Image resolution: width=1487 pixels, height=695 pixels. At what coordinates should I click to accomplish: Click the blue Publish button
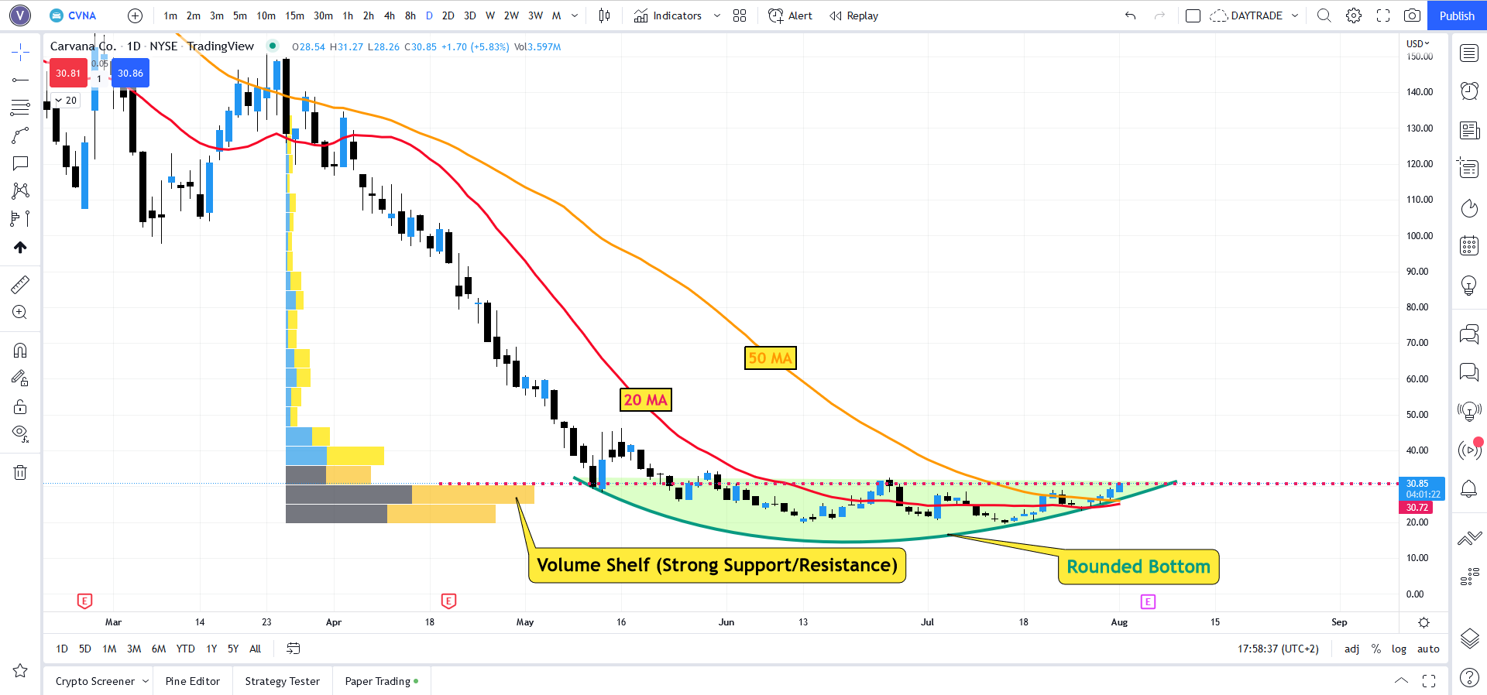1456,15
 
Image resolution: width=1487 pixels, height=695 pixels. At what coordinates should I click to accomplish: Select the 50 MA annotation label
770,358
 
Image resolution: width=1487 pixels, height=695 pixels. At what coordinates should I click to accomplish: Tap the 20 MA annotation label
645,399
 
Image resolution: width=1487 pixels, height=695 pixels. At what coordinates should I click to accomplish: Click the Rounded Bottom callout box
1138,567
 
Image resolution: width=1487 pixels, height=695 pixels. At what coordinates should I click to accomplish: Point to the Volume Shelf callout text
717,565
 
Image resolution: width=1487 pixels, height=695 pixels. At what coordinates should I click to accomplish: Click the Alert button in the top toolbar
790,15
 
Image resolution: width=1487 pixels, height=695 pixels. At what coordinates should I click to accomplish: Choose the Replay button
853,15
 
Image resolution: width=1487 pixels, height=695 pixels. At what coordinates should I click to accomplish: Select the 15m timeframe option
294,15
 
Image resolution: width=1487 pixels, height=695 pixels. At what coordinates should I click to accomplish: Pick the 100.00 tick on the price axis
1420,235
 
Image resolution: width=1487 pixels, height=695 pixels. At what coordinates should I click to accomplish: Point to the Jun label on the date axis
726,622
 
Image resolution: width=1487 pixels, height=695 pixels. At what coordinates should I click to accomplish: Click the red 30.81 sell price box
68,74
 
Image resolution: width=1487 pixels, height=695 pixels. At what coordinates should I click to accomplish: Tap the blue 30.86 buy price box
130,74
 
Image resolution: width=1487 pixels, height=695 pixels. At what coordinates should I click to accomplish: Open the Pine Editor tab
193,681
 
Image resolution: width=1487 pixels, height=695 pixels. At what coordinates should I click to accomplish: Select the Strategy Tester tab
282,681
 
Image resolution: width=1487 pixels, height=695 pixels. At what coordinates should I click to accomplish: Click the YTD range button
186,649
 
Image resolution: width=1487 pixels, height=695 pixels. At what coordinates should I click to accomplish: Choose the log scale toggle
1399,649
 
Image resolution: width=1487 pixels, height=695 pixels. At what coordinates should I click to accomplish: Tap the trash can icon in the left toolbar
20,472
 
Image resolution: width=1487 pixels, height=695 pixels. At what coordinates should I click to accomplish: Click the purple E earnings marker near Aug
1148,601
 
